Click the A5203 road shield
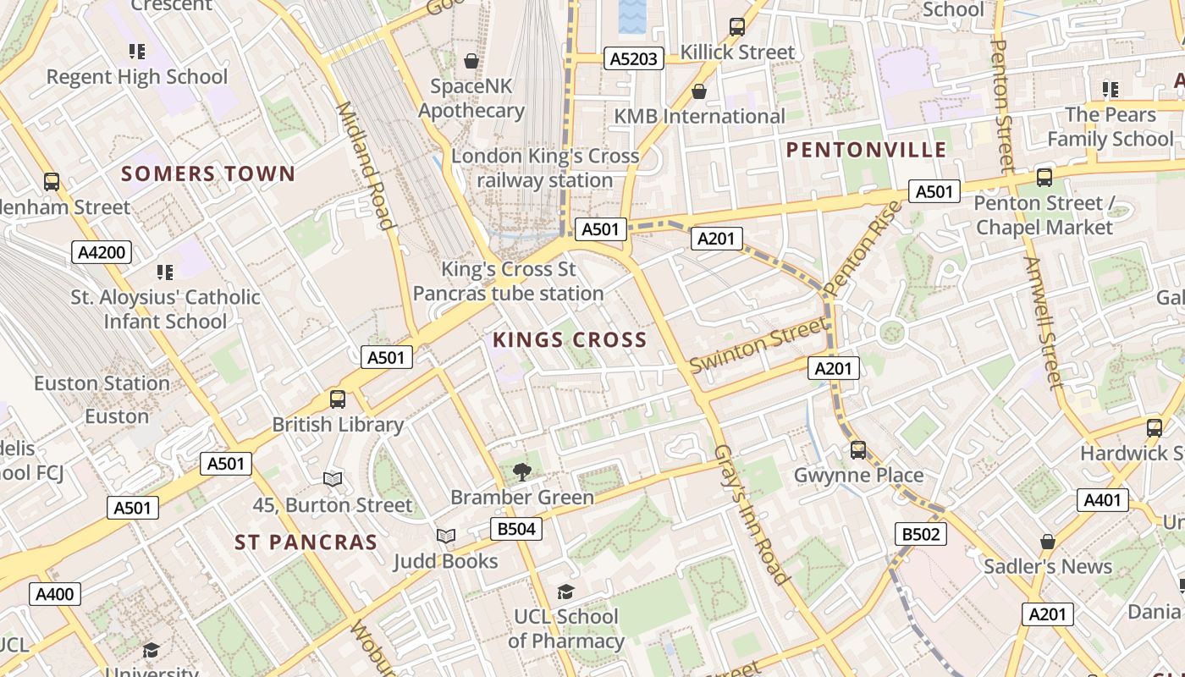(x=633, y=58)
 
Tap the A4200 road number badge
(x=101, y=251)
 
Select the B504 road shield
(x=515, y=530)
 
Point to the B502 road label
(x=920, y=534)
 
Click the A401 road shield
(x=1102, y=501)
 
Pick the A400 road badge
(x=55, y=594)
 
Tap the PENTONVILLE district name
(x=866, y=150)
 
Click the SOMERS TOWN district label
(x=208, y=174)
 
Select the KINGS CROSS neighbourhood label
(x=570, y=340)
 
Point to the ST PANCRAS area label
(x=306, y=542)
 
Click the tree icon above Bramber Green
(x=521, y=471)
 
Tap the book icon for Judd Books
(x=445, y=536)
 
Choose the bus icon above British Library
(x=338, y=399)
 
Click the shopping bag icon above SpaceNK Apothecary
(x=471, y=61)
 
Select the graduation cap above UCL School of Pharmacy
(x=565, y=592)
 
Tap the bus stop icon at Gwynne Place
(x=858, y=449)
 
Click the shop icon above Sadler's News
(x=1047, y=541)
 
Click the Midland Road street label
(x=367, y=165)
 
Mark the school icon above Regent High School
(x=137, y=52)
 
